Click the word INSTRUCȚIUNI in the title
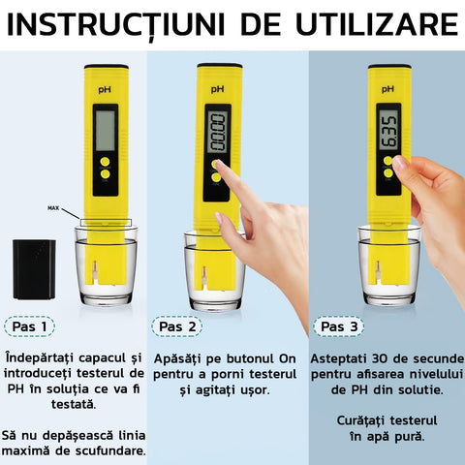115,25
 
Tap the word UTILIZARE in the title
377,24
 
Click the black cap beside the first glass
34,269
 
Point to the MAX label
53,208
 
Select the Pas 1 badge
29,326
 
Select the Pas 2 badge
177,326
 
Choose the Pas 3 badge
339,326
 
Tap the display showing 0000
217,132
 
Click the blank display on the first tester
106,131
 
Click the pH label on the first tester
105,89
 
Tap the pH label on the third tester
387,89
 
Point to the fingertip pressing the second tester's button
220,165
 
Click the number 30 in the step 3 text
381,358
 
